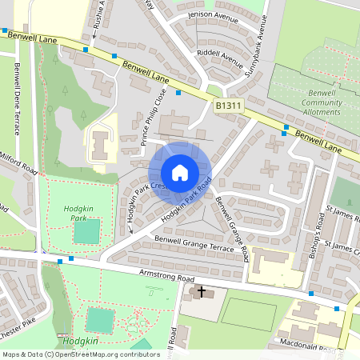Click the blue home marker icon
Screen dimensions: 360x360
tap(180, 173)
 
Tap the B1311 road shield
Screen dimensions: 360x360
tap(227, 105)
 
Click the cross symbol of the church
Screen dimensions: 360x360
tap(201, 293)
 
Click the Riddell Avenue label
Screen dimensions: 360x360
tap(220, 58)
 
